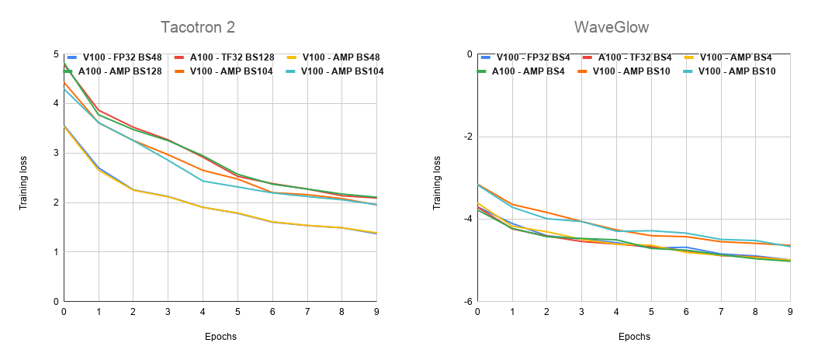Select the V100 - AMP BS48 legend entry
[x=338, y=57]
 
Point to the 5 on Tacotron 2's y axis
[x=56, y=54]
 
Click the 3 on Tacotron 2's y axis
[x=56, y=153]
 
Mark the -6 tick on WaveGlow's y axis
[x=467, y=301]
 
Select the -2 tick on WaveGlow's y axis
[x=467, y=137]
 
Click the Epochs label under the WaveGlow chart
[x=634, y=337]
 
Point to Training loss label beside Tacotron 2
[x=23, y=178]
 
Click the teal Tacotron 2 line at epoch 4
[x=203, y=181]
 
